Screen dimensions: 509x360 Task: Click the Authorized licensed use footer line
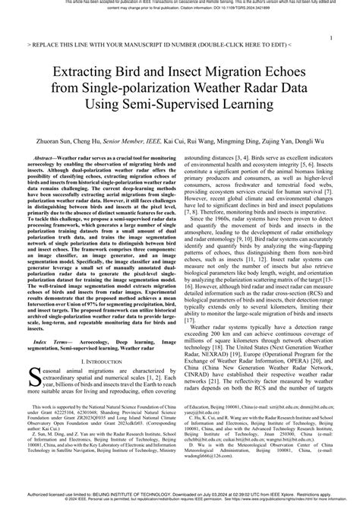coord(180,498)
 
